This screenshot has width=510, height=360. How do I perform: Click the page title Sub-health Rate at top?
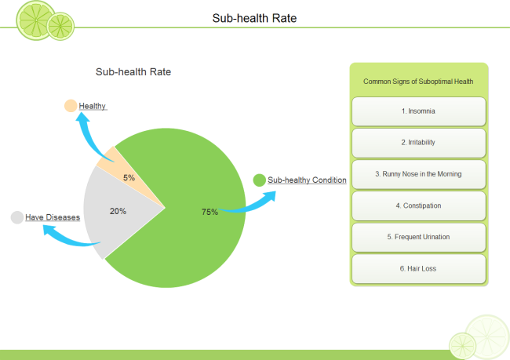[254, 17]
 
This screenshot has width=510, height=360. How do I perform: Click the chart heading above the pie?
[133, 72]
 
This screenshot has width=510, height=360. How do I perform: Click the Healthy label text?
[93, 106]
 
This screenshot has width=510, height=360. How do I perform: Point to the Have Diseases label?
[53, 217]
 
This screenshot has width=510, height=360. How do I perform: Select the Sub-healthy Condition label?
[307, 180]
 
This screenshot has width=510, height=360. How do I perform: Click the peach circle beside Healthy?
[71, 106]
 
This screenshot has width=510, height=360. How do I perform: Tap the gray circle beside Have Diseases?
[16, 217]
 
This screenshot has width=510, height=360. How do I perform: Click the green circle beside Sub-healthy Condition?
[259, 180]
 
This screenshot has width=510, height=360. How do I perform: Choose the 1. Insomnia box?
[418, 111]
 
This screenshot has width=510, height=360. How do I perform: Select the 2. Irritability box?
[418, 143]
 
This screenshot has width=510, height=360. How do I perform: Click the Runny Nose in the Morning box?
[418, 174]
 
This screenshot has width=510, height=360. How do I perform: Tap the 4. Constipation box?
[418, 205]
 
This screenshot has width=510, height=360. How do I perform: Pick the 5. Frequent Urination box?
[418, 237]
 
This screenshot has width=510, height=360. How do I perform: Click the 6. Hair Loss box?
[418, 268]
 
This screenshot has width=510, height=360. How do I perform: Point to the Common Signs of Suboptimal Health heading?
[418, 82]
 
